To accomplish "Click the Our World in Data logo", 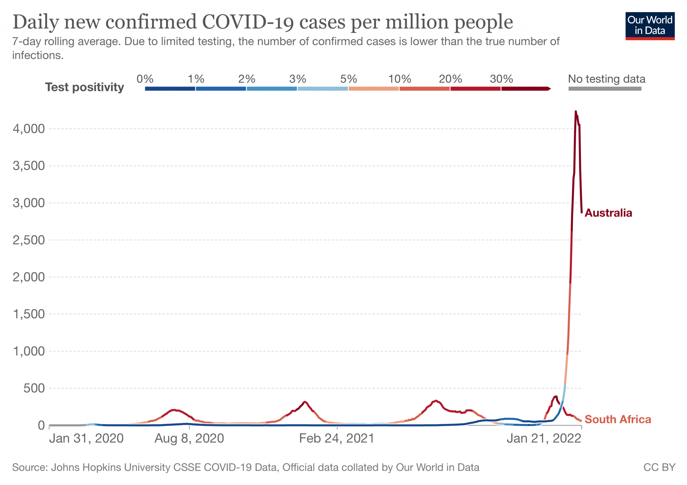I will [650, 26].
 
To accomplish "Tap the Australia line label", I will [608, 213].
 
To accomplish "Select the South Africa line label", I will [618, 419].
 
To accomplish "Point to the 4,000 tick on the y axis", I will [29, 129].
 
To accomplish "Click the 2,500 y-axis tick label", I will [29, 240].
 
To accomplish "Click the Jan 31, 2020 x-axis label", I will [86, 438].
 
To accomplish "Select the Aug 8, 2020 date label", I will [189, 438].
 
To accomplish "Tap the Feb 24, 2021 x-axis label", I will [336, 438].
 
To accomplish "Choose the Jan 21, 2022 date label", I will [544, 438].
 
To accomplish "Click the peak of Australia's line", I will [576, 112].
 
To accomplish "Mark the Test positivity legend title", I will [85, 87].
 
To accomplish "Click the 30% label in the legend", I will [501, 79].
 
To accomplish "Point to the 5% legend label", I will [349, 79].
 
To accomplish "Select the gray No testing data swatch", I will [605, 89].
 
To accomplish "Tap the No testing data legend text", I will [606, 79].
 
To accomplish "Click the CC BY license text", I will [659, 467].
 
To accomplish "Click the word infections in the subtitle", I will [38, 55].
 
